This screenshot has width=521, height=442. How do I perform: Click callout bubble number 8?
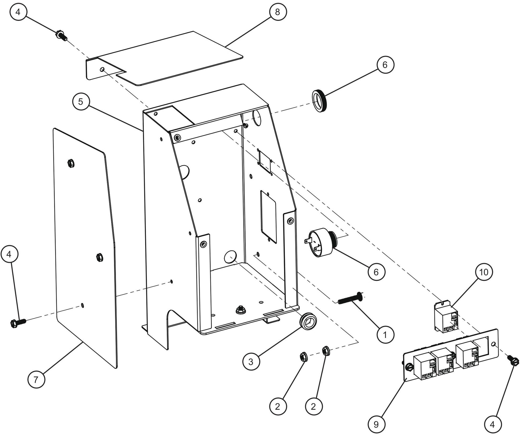(x=277, y=12)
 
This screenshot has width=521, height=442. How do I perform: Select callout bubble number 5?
(x=81, y=102)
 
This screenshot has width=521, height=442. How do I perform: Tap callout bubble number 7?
(x=36, y=379)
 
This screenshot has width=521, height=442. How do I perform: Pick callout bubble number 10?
(x=484, y=272)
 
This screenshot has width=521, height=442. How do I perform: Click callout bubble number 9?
(x=376, y=424)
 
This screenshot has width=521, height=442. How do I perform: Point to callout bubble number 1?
(x=385, y=335)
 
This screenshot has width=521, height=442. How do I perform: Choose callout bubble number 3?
(x=251, y=362)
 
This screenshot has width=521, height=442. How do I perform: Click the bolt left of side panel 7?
(x=17, y=321)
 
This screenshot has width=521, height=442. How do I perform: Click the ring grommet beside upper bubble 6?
(x=319, y=101)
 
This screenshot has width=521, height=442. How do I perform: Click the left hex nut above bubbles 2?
(x=303, y=357)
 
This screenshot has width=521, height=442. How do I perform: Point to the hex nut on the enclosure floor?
(x=239, y=310)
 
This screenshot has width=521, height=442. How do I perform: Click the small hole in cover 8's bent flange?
(x=102, y=69)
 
